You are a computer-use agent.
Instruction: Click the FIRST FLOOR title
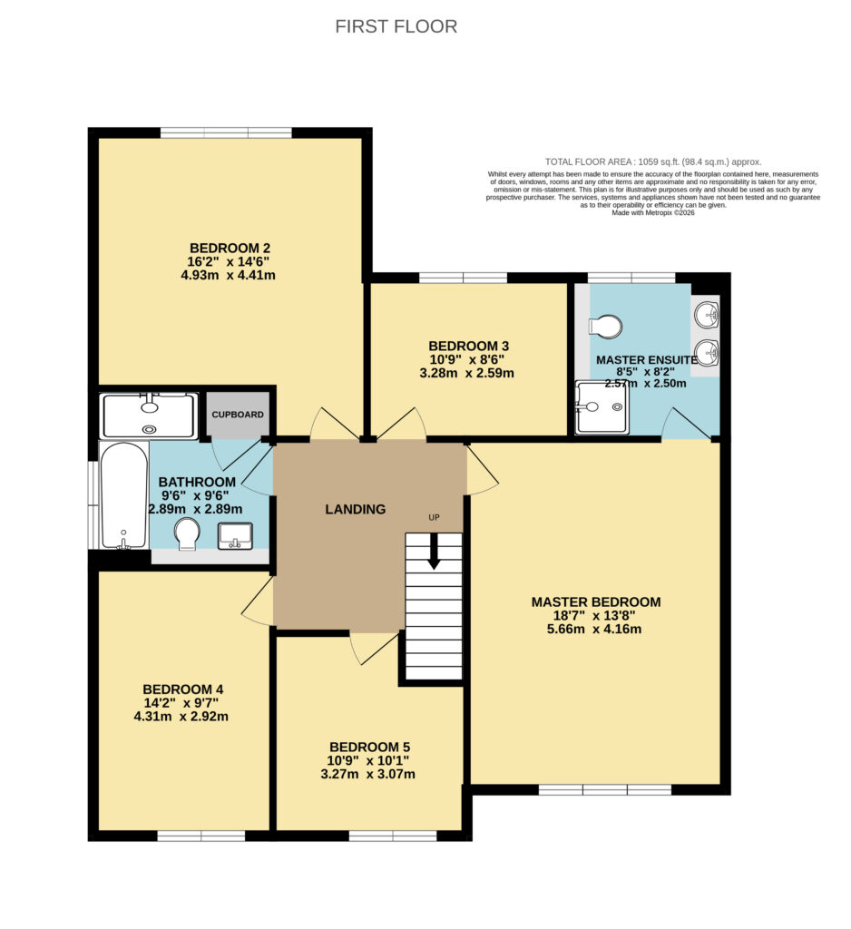tap(396, 26)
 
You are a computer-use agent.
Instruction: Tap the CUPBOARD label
tap(238, 415)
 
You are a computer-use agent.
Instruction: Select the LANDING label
tap(356, 509)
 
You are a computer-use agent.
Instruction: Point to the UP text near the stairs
tap(434, 517)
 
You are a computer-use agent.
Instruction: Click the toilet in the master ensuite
tap(605, 327)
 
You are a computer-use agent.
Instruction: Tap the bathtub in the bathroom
tap(124, 495)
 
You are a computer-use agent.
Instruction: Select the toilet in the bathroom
tap(188, 533)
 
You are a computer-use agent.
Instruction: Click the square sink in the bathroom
tap(235, 535)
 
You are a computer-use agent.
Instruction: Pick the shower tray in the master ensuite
tap(602, 407)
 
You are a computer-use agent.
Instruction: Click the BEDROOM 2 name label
tap(230, 249)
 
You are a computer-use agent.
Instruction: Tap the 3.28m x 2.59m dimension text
tap(467, 373)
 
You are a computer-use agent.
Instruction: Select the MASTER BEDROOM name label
tap(595, 602)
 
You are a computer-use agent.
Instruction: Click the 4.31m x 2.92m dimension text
tap(181, 717)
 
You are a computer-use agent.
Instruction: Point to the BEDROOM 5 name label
tap(370, 748)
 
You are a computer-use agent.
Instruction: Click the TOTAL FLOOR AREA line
tap(653, 161)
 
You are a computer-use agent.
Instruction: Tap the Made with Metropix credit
tap(653, 212)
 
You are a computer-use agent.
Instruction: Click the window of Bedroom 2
tap(226, 132)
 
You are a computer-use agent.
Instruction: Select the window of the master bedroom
tap(605, 790)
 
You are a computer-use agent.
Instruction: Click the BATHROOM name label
tap(198, 483)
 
